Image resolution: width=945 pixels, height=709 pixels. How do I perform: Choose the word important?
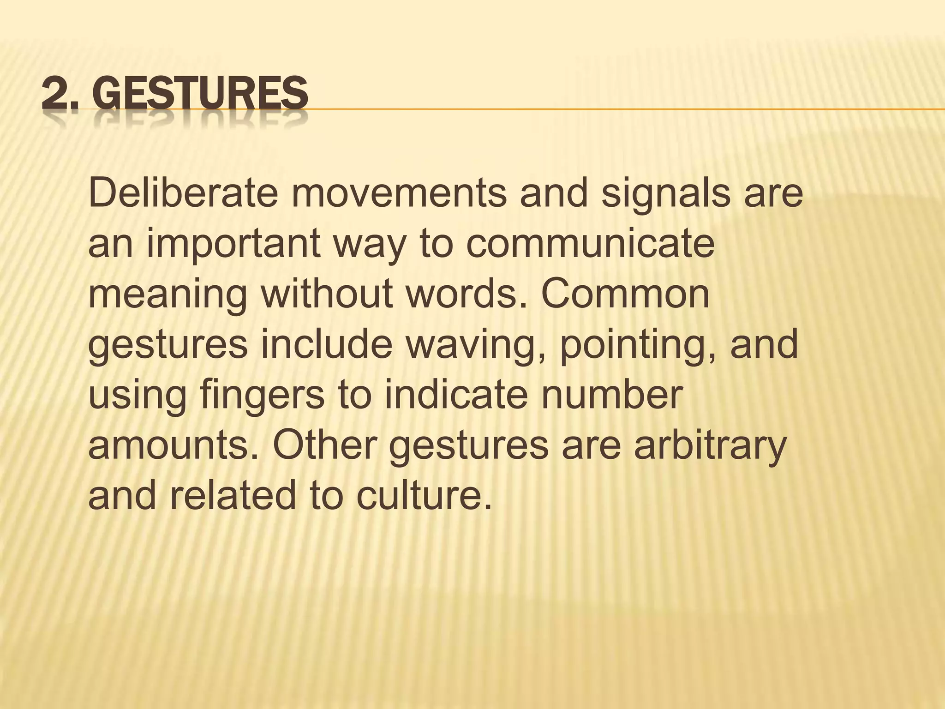pos(233,245)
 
